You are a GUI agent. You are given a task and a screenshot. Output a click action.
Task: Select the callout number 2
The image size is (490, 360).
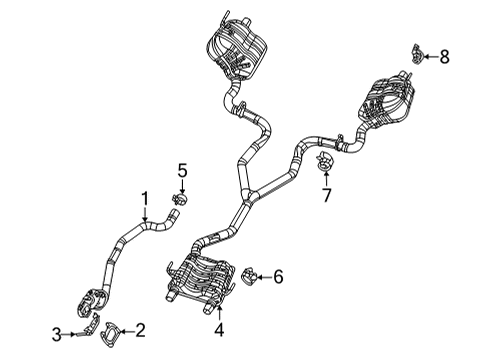(141, 328)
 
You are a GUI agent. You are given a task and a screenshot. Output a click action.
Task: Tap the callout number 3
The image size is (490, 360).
(58, 333)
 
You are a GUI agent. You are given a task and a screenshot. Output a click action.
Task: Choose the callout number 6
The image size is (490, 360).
(279, 276)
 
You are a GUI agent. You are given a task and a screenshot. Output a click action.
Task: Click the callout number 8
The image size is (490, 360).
(444, 57)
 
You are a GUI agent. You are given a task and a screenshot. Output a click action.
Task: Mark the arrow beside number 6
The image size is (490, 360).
(265, 276)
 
